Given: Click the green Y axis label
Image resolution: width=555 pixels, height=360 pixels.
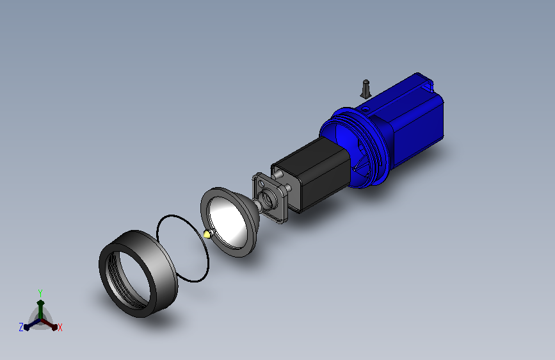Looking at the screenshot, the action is tap(40, 293).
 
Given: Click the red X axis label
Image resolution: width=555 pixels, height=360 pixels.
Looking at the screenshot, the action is tap(60, 327).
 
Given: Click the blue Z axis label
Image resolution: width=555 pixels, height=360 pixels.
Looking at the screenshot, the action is tap(21, 327).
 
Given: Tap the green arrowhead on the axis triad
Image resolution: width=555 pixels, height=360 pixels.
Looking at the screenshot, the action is tap(41, 303).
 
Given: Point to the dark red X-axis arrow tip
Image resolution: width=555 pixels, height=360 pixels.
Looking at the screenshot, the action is tap(54, 327).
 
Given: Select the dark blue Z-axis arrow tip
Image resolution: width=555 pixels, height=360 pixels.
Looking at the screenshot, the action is tap(26, 327).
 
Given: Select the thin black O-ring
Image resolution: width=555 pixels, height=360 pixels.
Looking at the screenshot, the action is tap(182, 248).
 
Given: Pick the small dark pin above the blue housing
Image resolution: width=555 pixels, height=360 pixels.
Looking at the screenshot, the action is tap(366, 89).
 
